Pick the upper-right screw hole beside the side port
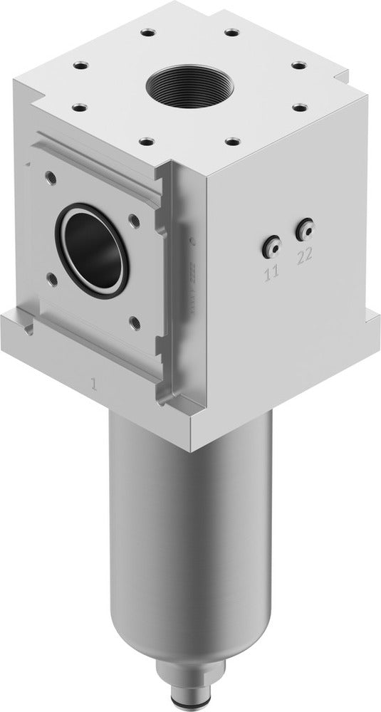point(134,220)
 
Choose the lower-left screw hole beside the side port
point(50,277)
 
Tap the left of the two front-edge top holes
point(147,140)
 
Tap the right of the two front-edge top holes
point(231,140)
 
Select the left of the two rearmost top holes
point(147,32)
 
